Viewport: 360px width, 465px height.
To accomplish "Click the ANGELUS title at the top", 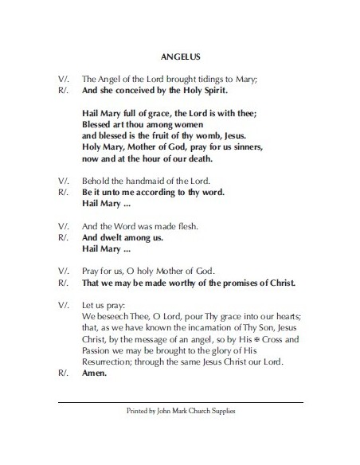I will [180, 57].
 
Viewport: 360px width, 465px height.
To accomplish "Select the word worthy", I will [196, 282].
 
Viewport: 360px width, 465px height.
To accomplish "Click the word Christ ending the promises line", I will [279, 282].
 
